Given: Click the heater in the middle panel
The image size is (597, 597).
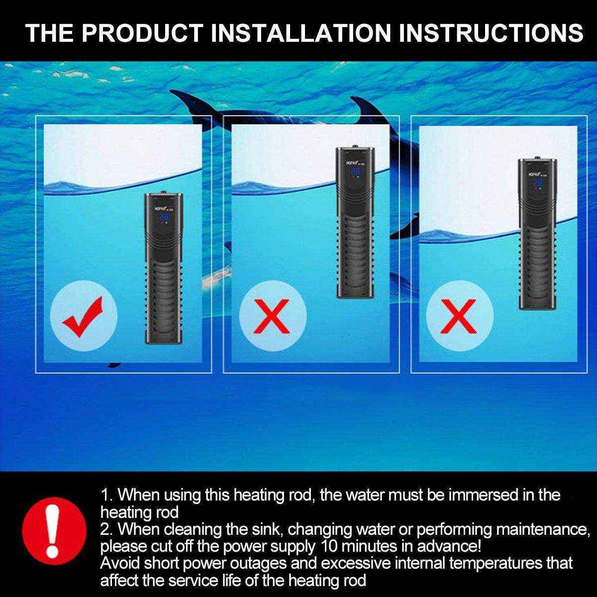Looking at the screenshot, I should pos(354,223).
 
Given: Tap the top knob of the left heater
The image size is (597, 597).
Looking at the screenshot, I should pos(163,191).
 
